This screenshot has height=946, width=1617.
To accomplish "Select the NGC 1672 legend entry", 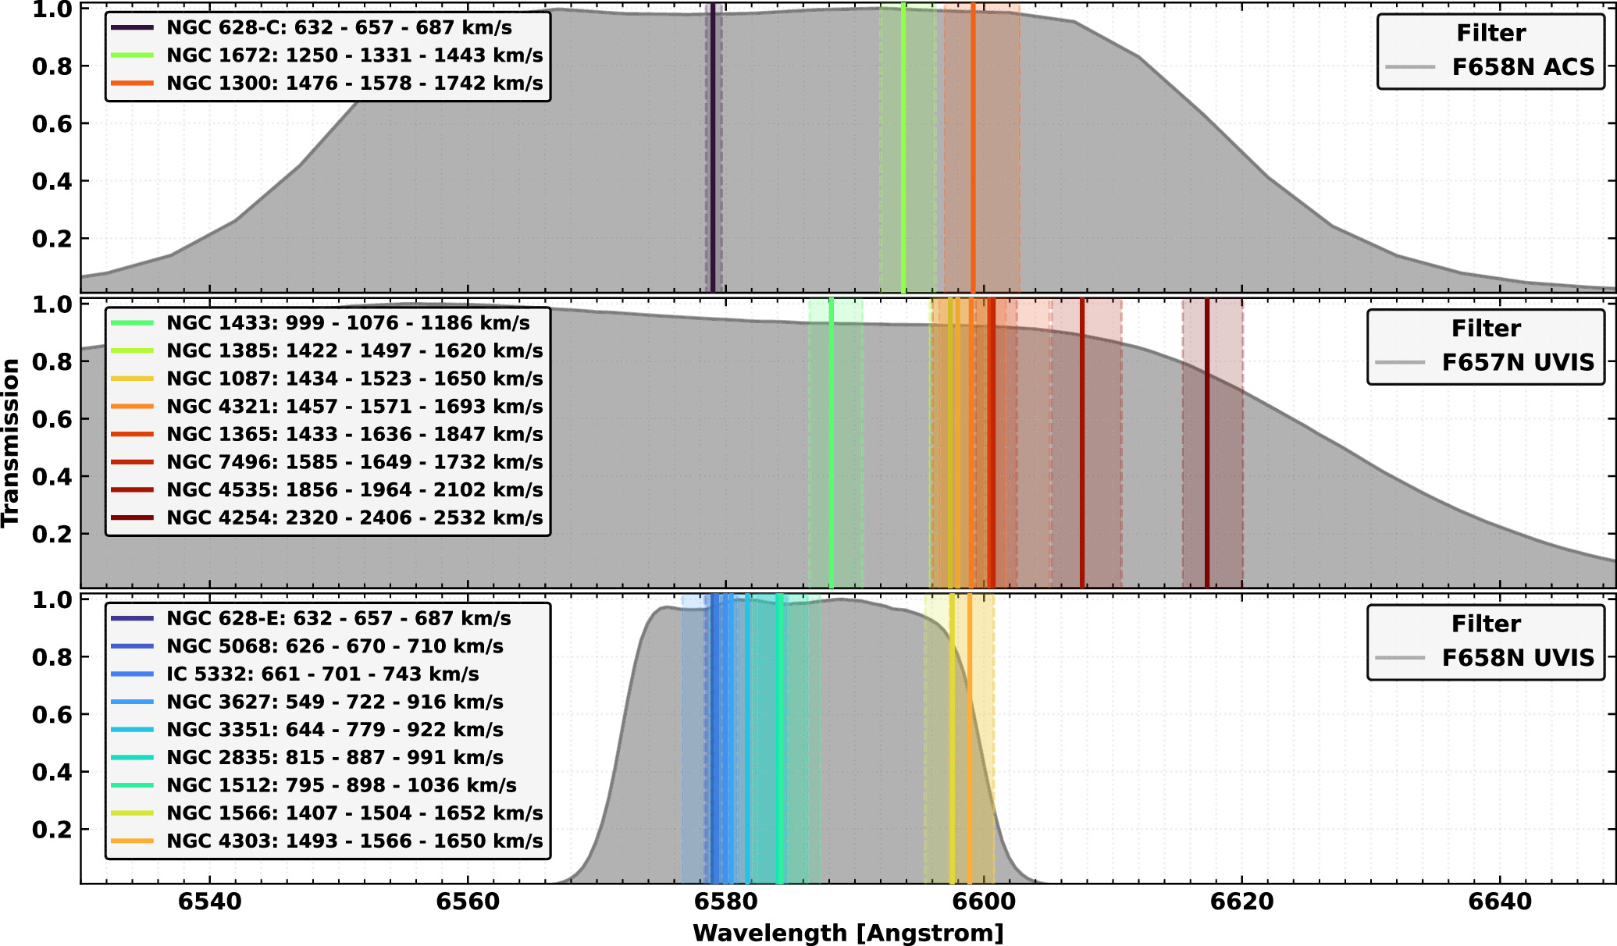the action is (x=327, y=55).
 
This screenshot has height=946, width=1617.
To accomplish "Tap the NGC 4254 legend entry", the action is (x=327, y=517).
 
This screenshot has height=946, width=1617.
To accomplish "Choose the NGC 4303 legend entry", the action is (x=327, y=841).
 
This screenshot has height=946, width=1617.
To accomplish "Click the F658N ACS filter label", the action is (x=1523, y=67).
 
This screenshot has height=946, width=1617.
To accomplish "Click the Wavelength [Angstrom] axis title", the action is (x=848, y=933).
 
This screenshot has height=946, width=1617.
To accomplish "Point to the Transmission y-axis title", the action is (x=11, y=443).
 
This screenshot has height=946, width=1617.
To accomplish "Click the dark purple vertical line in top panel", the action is (x=713, y=148).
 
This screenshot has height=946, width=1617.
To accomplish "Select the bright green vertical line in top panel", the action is (x=903, y=148).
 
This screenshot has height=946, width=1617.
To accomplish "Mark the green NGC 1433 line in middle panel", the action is (x=831, y=443).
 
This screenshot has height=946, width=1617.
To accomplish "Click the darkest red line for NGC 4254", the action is (x=1207, y=443).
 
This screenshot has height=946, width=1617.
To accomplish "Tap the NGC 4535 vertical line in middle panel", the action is (x=1082, y=443).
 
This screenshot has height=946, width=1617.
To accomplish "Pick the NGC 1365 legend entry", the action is (x=327, y=434).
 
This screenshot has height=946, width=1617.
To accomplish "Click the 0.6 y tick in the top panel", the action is (x=52, y=123).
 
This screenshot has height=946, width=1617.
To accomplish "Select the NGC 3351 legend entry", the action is (x=308, y=730).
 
